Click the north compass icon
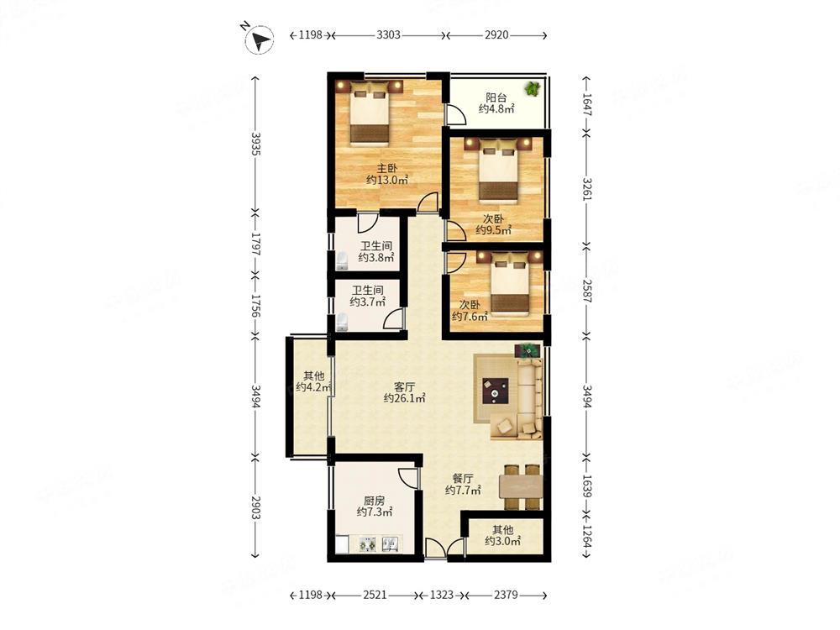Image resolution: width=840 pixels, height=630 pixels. click(x=260, y=39)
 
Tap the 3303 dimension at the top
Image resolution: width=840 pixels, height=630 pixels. click(x=388, y=35)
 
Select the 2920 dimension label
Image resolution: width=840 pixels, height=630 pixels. click(x=496, y=35)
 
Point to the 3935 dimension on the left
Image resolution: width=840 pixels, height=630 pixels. click(x=255, y=144)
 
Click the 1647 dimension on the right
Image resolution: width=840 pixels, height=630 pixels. click(x=587, y=105)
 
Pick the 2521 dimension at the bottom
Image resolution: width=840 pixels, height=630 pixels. click(x=375, y=595)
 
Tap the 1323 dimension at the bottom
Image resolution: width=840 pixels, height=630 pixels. click(x=442, y=595)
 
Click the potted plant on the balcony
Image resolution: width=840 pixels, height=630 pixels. click(x=533, y=88)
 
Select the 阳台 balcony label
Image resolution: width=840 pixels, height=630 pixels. click(x=496, y=97)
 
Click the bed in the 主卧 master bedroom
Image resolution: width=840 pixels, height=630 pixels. click(x=369, y=113)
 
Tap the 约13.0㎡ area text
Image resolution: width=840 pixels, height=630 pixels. click(x=387, y=180)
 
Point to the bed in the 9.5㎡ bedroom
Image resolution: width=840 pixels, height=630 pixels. click(x=498, y=171)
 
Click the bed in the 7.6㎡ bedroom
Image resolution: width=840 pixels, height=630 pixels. click(x=510, y=284)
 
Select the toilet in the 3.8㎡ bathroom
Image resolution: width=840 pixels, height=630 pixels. click(x=342, y=260)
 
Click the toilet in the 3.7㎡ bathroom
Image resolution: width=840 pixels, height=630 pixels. click(x=342, y=322)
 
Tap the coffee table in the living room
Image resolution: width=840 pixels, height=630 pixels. click(x=495, y=391)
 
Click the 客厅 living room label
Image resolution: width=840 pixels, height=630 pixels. click(x=405, y=386)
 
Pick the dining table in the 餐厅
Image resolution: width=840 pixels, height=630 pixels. click(x=521, y=487)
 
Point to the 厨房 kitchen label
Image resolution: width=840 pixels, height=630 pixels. click(x=374, y=501)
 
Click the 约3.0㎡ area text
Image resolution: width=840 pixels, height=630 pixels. click(x=503, y=541)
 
